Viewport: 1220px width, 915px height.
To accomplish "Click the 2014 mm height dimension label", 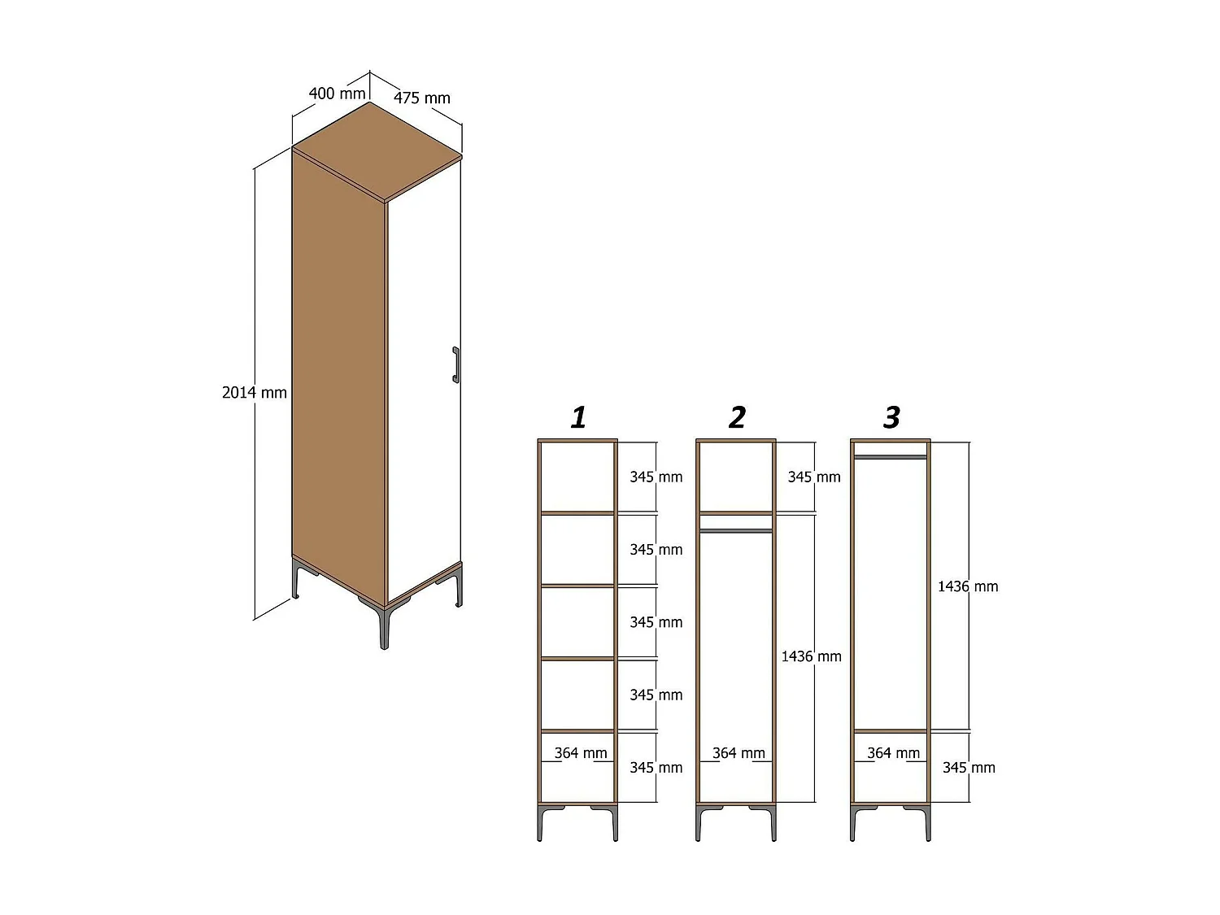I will (255, 393).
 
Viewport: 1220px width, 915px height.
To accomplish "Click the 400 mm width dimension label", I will (337, 94).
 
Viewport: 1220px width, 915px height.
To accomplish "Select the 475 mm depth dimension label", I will (422, 98).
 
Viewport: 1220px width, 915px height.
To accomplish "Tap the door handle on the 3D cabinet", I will (455, 364).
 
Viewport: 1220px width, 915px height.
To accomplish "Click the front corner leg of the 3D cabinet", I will (384, 626).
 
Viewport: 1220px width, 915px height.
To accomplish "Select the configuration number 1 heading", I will (578, 417).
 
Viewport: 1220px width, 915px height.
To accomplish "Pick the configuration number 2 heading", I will (736, 417).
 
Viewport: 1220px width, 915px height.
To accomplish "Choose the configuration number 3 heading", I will (891, 417).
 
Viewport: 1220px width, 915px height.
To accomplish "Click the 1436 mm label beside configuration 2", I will (811, 656).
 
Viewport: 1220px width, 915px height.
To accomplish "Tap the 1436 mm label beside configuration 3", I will (968, 586).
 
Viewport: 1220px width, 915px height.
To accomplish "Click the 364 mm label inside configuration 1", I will (581, 753).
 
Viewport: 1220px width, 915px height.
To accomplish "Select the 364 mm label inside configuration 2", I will (739, 753).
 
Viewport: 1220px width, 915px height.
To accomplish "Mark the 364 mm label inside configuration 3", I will (893, 753).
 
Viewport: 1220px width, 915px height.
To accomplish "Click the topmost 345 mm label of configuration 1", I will (656, 477).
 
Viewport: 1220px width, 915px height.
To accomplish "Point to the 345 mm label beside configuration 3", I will (969, 768).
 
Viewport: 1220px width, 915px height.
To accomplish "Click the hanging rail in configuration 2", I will (736, 531).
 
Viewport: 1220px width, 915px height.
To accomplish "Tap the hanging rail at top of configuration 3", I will (891, 457).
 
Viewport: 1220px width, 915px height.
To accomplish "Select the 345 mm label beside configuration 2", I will (813, 477).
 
